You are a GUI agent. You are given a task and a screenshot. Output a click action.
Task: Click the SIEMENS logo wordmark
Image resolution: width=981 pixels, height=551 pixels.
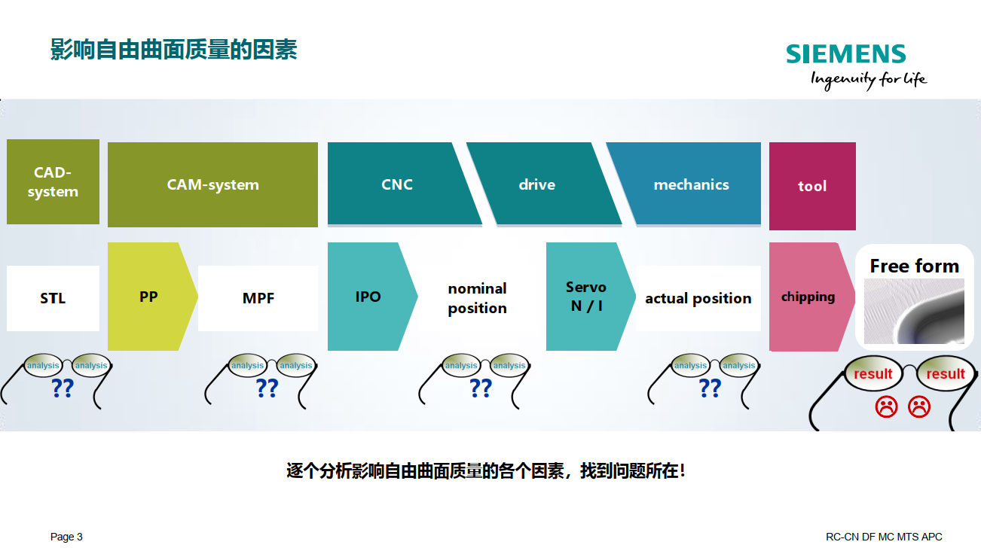tap(845, 54)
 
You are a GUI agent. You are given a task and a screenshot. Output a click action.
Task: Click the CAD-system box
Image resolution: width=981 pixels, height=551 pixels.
tap(53, 181)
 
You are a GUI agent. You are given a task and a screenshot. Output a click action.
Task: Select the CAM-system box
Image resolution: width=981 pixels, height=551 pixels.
tap(212, 184)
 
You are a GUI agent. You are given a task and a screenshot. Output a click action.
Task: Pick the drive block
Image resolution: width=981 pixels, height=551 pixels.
tap(543, 184)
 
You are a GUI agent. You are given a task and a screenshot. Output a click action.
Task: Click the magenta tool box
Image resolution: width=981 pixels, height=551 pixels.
tap(812, 186)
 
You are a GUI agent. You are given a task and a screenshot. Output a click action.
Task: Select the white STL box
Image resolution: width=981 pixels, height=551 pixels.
tap(53, 298)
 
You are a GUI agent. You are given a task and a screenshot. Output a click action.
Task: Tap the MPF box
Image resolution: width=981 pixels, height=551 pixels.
tap(258, 298)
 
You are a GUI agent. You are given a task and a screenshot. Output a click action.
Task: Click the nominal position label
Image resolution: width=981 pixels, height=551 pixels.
tap(478, 298)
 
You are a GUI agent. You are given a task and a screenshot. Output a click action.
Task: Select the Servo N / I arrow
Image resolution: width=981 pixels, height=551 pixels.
tap(589, 297)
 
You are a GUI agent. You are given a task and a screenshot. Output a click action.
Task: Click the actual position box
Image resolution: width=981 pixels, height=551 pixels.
tap(698, 298)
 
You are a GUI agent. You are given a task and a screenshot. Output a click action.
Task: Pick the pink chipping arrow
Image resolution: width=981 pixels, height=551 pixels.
tap(810, 297)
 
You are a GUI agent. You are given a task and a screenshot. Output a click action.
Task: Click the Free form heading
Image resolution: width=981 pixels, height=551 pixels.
tap(915, 266)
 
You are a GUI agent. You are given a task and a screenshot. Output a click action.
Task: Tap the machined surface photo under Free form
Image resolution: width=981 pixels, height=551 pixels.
tap(914, 311)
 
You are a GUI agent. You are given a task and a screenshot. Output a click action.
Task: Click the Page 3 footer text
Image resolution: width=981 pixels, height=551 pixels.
tap(66, 537)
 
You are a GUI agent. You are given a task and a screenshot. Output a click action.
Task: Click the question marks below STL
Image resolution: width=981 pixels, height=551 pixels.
tap(63, 388)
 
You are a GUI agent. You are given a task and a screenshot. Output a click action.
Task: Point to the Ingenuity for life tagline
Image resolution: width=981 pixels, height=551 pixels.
tap(869, 80)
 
